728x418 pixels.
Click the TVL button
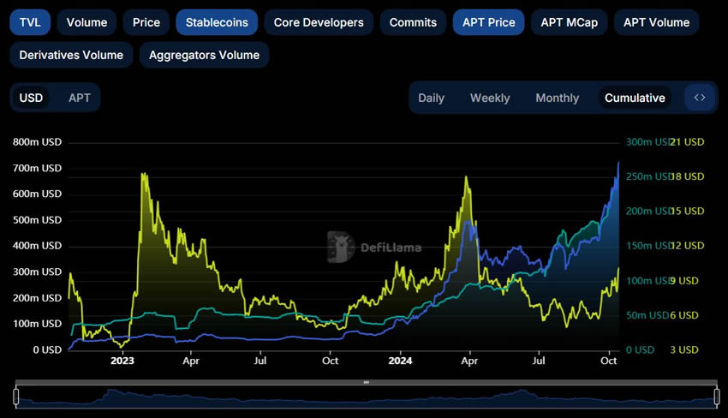coord(30,22)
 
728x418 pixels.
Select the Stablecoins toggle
coord(217,22)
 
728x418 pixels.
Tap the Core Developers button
coord(319,22)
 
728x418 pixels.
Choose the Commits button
coord(413,22)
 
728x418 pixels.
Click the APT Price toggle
coord(488,22)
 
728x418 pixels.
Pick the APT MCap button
coord(569,22)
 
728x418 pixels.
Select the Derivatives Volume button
coord(71,55)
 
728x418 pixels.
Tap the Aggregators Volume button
coord(204,55)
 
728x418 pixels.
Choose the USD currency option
coord(32,98)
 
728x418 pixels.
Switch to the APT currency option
coord(80,98)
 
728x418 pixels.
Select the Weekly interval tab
coord(490,98)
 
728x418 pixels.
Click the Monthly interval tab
coord(557,98)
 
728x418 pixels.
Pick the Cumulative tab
coord(635,98)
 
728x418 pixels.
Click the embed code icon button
coord(700,98)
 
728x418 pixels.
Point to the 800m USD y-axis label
coord(37,142)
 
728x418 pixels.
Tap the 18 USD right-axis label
coord(687,176)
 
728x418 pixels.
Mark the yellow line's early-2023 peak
coord(143,175)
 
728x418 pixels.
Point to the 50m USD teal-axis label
coord(647,315)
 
